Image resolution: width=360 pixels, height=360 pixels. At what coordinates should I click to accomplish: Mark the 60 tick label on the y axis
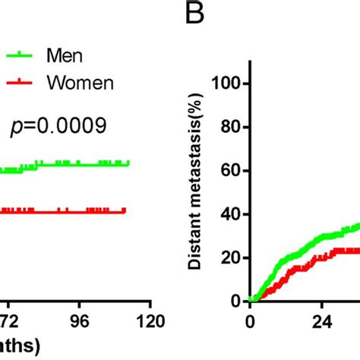[x=230, y=171]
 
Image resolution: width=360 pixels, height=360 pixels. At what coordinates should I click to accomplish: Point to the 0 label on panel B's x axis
[x=251, y=320]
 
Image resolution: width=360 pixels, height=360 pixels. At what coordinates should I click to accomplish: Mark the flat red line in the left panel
[x=76, y=212]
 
